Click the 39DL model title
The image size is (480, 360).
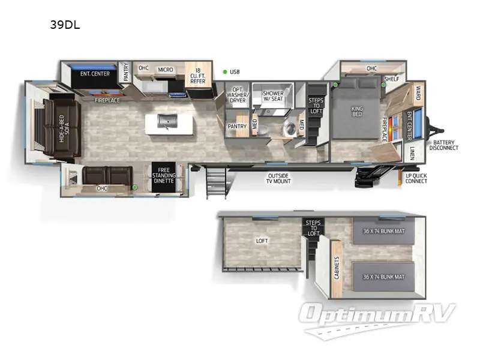click(x=65, y=26)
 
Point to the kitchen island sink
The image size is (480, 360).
click(x=164, y=122)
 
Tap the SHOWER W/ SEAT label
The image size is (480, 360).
click(x=273, y=96)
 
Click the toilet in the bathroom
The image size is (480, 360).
click(x=290, y=128)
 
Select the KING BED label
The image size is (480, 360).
click(x=357, y=112)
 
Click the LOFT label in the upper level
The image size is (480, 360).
click(x=262, y=241)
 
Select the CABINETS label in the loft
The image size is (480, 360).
click(x=337, y=268)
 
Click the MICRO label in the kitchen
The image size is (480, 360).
click(x=166, y=70)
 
